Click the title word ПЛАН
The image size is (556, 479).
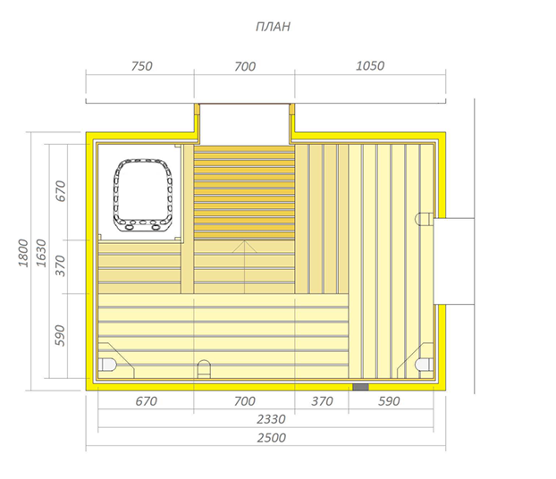tap(273, 27)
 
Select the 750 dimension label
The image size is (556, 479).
tap(142, 66)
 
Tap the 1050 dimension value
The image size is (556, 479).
tap(370, 66)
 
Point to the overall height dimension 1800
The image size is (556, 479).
tap(23, 253)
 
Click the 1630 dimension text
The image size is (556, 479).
tap(41, 253)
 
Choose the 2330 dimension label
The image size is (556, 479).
tap(271, 419)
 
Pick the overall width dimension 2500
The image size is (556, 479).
tap(271, 438)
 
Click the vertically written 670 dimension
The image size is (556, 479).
tap(61, 191)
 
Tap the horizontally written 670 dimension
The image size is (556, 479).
tap(146, 401)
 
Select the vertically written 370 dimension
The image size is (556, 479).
tap(61, 266)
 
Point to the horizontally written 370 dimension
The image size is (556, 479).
tap(322, 401)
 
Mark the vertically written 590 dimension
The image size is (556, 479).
tap(60, 335)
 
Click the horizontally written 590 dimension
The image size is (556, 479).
tap(389, 401)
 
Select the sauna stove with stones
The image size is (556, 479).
tap(143, 196)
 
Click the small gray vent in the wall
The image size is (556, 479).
tap(360, 387)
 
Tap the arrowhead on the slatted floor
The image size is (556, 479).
tap(244, 247)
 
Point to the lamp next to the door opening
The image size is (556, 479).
tap(424, 219)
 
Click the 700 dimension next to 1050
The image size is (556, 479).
tap(245, 67)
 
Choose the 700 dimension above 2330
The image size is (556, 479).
tap(245, 401)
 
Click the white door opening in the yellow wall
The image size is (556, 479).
tap(454, 261)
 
